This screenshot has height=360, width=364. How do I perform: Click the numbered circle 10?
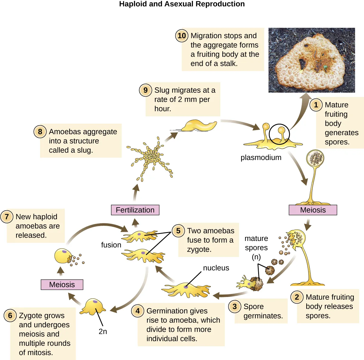[x=182, y=36]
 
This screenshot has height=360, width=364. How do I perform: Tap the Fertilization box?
[x=135, y=210]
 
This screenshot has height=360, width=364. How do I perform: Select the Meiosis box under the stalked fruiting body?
[x=313, y=210]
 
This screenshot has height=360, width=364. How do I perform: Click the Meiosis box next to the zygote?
[x=62, y=285]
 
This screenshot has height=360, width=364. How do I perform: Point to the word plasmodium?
[x=261, y=158]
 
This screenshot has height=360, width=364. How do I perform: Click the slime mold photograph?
[x=312, y=60]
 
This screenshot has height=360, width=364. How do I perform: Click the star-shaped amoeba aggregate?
[x=152, y=158]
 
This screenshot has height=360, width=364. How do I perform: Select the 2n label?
[x=103, y=332]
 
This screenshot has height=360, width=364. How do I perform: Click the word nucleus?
[x=216, y=268]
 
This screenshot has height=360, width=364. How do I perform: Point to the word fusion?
[x=111, y=245]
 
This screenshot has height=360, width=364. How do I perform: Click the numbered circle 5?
[x=178, y=231]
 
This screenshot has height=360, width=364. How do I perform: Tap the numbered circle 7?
[x=7, y=217]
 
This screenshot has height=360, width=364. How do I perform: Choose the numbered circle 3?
[x=234, y=307]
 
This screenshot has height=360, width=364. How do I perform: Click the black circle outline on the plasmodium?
[x=279, y=134]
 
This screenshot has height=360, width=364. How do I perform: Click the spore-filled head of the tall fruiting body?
[x=315, y=158]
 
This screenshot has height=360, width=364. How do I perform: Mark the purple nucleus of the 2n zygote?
[x=95, y=302]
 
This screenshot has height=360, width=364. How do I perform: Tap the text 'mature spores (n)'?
[x=256, y=248]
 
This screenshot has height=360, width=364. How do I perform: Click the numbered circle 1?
[x=316, y=105]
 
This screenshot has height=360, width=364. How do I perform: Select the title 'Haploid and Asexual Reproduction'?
[x=182, y=4]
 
